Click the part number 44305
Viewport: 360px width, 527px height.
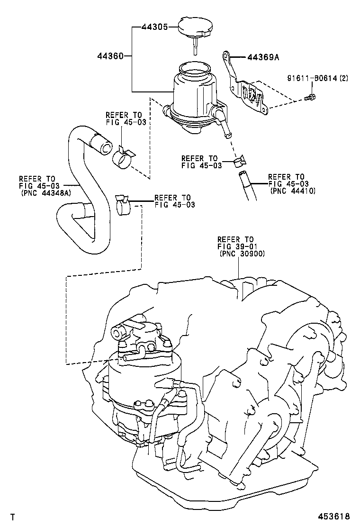(154, 27)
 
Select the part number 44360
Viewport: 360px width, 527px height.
(110, 56)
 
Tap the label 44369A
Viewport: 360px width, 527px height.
(263, 57)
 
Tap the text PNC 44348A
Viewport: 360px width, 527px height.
(45, 193)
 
